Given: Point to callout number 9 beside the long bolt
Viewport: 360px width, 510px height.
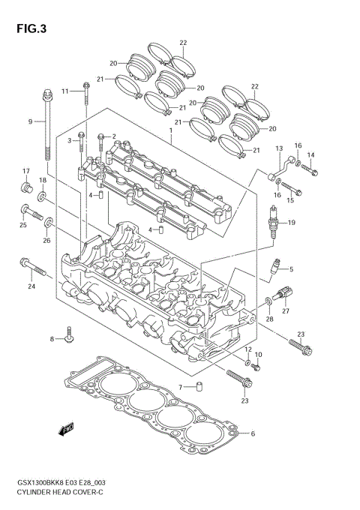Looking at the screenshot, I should [x=31, y=121].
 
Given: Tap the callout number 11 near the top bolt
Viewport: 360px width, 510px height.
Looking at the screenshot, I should [x=65, y=91].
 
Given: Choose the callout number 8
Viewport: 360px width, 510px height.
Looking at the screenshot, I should [x=53, y=339].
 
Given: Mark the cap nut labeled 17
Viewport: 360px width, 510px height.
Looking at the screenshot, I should [x=25, y=185].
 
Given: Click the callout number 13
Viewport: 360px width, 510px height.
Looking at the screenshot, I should [x=278, y=148].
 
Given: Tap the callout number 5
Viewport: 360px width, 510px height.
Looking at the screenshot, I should [x=292, y=269].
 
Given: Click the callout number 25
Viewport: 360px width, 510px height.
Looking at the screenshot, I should [x=22, y=224].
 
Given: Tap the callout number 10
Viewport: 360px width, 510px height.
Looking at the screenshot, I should [x=259, y=354].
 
